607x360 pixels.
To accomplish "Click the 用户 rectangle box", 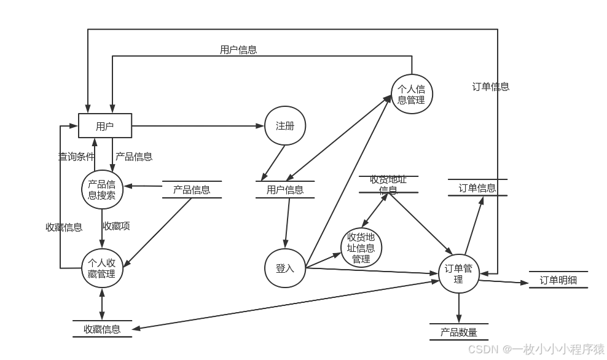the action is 105,127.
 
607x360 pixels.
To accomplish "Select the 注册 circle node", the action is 285,126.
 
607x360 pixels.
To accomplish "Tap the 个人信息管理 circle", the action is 412,95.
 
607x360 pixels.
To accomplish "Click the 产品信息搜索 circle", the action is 102,190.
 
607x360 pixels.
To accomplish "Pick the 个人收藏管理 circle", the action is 102,268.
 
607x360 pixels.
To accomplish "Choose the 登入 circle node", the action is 285,268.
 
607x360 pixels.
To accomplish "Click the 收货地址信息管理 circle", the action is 361,248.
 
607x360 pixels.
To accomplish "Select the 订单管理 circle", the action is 458,273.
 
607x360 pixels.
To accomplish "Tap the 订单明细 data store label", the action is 558,280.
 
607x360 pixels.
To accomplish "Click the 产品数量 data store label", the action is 459,332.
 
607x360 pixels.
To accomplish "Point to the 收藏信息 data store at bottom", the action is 102,329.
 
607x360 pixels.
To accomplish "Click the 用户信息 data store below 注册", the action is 285,190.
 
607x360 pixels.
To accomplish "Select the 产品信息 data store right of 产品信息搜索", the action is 192,190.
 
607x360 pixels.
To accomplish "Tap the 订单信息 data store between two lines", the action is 477,188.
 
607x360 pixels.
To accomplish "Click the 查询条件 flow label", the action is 76,157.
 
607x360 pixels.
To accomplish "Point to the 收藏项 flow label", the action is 116,226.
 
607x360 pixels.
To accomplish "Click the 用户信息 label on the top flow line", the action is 238,50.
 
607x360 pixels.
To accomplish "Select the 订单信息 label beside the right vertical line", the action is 491,87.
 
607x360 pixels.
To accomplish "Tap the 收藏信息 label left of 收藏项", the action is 64,227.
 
